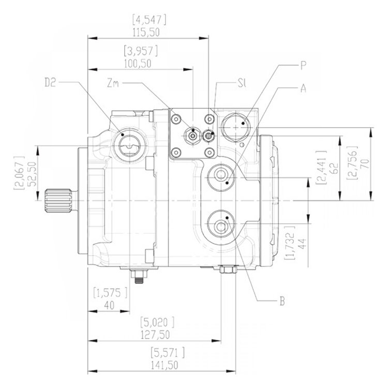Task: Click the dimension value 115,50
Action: (146, 32)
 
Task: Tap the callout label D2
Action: (50, 82)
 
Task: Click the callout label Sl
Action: (241, 83)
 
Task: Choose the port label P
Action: (304, 65)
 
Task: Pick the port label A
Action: (304, 88)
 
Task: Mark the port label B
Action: (282, 300)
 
